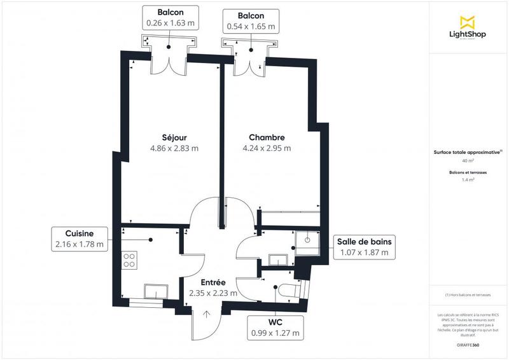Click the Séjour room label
pos(174,137)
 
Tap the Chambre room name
pos(266,137)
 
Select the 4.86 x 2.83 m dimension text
pos(174,149)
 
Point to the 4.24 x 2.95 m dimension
pos(266,149)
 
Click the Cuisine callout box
pos(80,239)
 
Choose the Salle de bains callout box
pos(365,247)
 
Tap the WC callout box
pos(275,327)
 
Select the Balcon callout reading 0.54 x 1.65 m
pos(251,21)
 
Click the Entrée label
pos(213,282)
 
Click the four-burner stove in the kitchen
pos(129,260)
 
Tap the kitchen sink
pos(156,291)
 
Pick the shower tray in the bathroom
pos(309,240)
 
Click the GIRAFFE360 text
pos(468,344)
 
